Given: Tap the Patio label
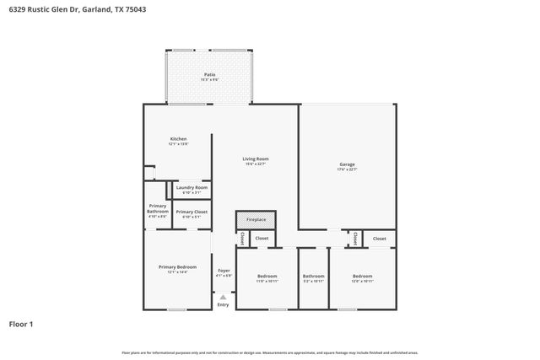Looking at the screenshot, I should [209, 75].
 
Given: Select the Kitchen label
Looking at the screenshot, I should [178, 139].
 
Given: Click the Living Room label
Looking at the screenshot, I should [256, 159].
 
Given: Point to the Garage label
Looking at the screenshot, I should [347, 164].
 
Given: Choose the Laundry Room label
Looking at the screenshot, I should [192, 187].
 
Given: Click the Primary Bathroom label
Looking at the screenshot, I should [158, 208].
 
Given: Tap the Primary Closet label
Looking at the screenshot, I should [192, 212].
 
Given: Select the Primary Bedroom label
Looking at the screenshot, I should [177, 266].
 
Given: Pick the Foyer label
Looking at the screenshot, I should [224, 271].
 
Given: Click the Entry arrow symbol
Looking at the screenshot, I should [223, 297].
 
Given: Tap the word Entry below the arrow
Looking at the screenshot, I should [223, 304].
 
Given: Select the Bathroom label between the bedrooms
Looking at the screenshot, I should [314, 276].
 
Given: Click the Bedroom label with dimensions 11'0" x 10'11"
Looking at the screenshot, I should [267, 276].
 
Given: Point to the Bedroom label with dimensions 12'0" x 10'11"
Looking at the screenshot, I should [363, 276].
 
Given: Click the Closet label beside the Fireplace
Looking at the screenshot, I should [262, 239].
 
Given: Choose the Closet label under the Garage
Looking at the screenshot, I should [380, 239].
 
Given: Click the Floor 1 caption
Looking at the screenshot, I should [21, 323].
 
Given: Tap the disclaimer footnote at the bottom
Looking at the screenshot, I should [270, 352].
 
